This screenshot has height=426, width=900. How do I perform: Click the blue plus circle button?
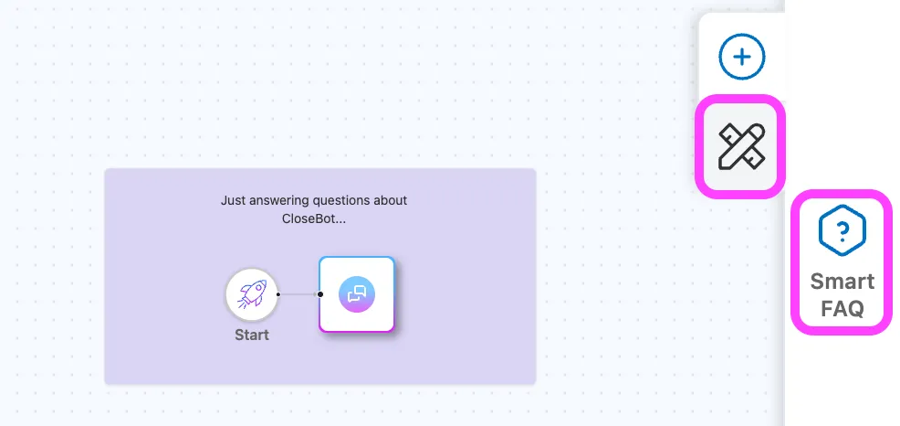point(741,57)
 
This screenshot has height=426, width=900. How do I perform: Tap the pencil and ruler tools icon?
point(741,146)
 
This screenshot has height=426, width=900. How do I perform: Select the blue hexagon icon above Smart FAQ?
point(842,230)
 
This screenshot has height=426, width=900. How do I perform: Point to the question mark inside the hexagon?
point(842,230)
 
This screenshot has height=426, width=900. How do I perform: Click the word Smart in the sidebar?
point(842,282)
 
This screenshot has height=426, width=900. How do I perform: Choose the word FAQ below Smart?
point(842,309)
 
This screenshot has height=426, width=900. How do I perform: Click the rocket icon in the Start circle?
point(251,294)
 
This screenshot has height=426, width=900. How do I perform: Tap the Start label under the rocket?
point(252,335)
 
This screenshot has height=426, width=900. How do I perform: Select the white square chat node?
point(357,294)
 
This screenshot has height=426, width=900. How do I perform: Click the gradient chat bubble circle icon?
point(357,294)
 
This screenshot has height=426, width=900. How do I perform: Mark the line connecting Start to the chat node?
point(299,294)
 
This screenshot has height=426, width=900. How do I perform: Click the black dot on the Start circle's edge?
point(277,294)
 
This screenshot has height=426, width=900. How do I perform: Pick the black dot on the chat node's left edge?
point(320,294)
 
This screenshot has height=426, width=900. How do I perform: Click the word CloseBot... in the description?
point(314,219)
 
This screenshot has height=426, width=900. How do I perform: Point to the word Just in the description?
point(231,200)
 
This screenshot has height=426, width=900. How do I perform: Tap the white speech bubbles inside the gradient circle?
point(357,294)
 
